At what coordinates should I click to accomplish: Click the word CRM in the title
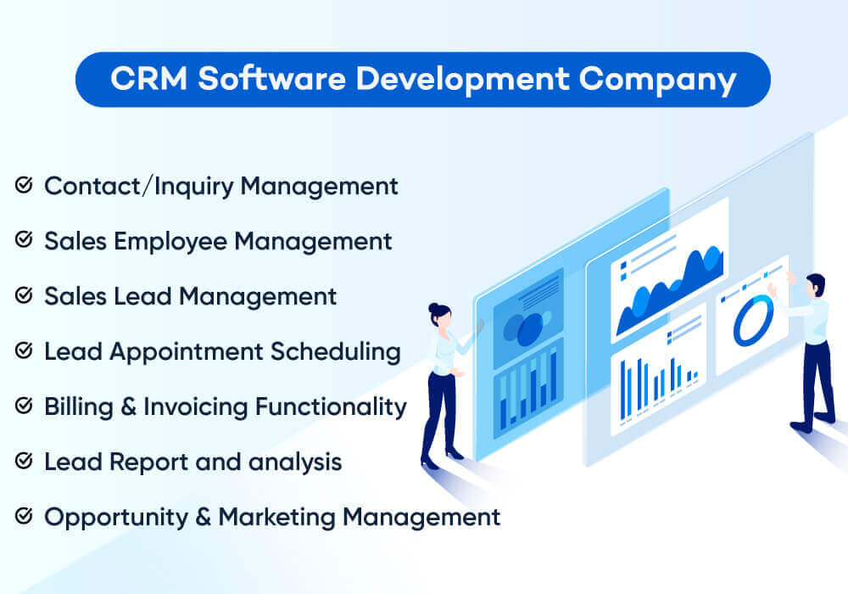148,79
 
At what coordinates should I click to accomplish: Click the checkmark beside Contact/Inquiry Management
24,185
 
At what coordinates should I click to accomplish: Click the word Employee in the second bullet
170,241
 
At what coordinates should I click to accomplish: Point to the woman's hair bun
434,306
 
